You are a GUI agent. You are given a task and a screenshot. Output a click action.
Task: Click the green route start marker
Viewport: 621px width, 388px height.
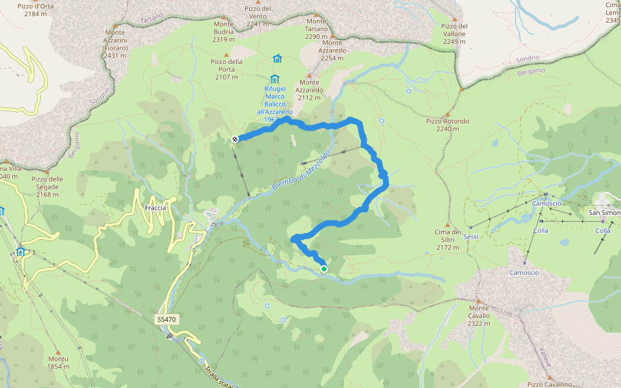(323, 269)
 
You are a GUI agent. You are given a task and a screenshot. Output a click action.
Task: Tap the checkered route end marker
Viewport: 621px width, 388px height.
(236, 139)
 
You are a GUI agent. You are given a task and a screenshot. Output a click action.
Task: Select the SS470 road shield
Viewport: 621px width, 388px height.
(166, 319)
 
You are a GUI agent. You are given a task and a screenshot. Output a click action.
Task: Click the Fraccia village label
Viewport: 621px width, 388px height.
(155, 208)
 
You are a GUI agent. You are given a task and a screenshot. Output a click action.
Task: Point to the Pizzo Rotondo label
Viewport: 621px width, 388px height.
(448, 125)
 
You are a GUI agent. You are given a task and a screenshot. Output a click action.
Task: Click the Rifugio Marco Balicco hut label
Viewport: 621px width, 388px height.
(275, 101)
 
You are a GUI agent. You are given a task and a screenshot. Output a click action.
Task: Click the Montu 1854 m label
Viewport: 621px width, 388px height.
(58, 362)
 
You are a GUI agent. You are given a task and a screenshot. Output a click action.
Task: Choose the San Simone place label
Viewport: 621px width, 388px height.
(604, 212)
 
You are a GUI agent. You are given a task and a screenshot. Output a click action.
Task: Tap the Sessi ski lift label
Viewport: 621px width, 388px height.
(471, 237)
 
